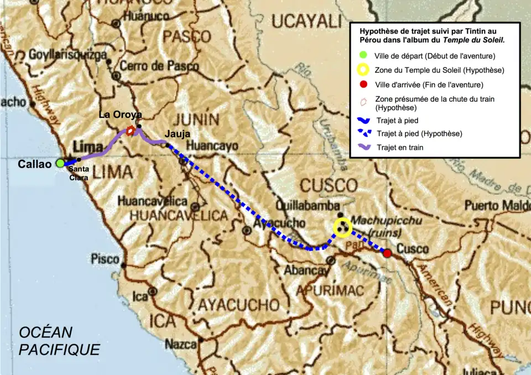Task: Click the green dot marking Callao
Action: pos(60,163)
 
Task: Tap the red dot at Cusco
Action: pos(388,253)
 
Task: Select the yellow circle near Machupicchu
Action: pos(343,226)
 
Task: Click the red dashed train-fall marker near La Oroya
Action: pos(131,131)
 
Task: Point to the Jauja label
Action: pos(177,133)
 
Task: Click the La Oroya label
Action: pos(121,114)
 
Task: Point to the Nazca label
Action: pos(181,344)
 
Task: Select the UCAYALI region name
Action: pos(306,22)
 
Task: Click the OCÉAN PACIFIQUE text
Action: pos(59,341)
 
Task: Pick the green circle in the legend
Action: pos(363,55)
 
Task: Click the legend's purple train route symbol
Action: pos(363,147)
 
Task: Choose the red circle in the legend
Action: pos(363,85)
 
